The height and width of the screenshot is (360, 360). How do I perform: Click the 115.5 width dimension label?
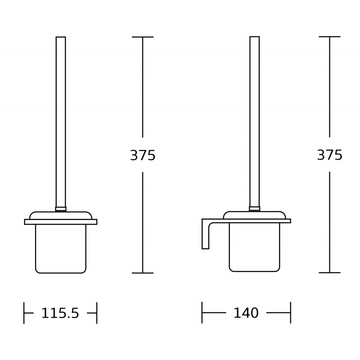click(x=60, y=313)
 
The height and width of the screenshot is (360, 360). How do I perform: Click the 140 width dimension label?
click(x=246, y=313)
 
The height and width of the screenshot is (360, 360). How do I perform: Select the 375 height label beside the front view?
click(x=143, y=155)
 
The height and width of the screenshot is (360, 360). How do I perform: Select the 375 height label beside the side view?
click(x=329, y=155)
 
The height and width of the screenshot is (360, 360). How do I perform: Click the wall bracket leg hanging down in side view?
click(x=205, y=236)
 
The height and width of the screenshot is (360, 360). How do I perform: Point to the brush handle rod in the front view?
click(x=61, y=121)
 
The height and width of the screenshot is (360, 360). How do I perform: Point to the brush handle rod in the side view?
click(x=254, y=121)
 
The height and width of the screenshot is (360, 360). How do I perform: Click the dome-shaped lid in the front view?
click(x=61, y=215)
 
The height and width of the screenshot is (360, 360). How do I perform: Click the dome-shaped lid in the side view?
click(x=254, y=215)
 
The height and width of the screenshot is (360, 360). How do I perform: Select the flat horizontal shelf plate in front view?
click(x=61, y=221)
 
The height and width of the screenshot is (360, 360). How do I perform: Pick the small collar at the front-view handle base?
click(x=61, y=209)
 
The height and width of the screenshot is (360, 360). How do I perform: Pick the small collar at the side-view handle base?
click(x=254, y=208)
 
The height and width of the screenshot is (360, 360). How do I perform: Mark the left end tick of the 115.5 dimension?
click(x=24, y=313)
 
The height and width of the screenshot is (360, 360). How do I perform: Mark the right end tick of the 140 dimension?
click(x=290, y=312)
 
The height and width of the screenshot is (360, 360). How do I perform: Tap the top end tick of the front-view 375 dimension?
click(x=143, y=37)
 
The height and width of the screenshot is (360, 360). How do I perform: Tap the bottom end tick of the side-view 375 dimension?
click(x=329, y=272)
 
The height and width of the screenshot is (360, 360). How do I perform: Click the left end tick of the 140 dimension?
click(x=202, y=312)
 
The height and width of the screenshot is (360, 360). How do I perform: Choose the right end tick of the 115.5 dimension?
click(x=97, y=313)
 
